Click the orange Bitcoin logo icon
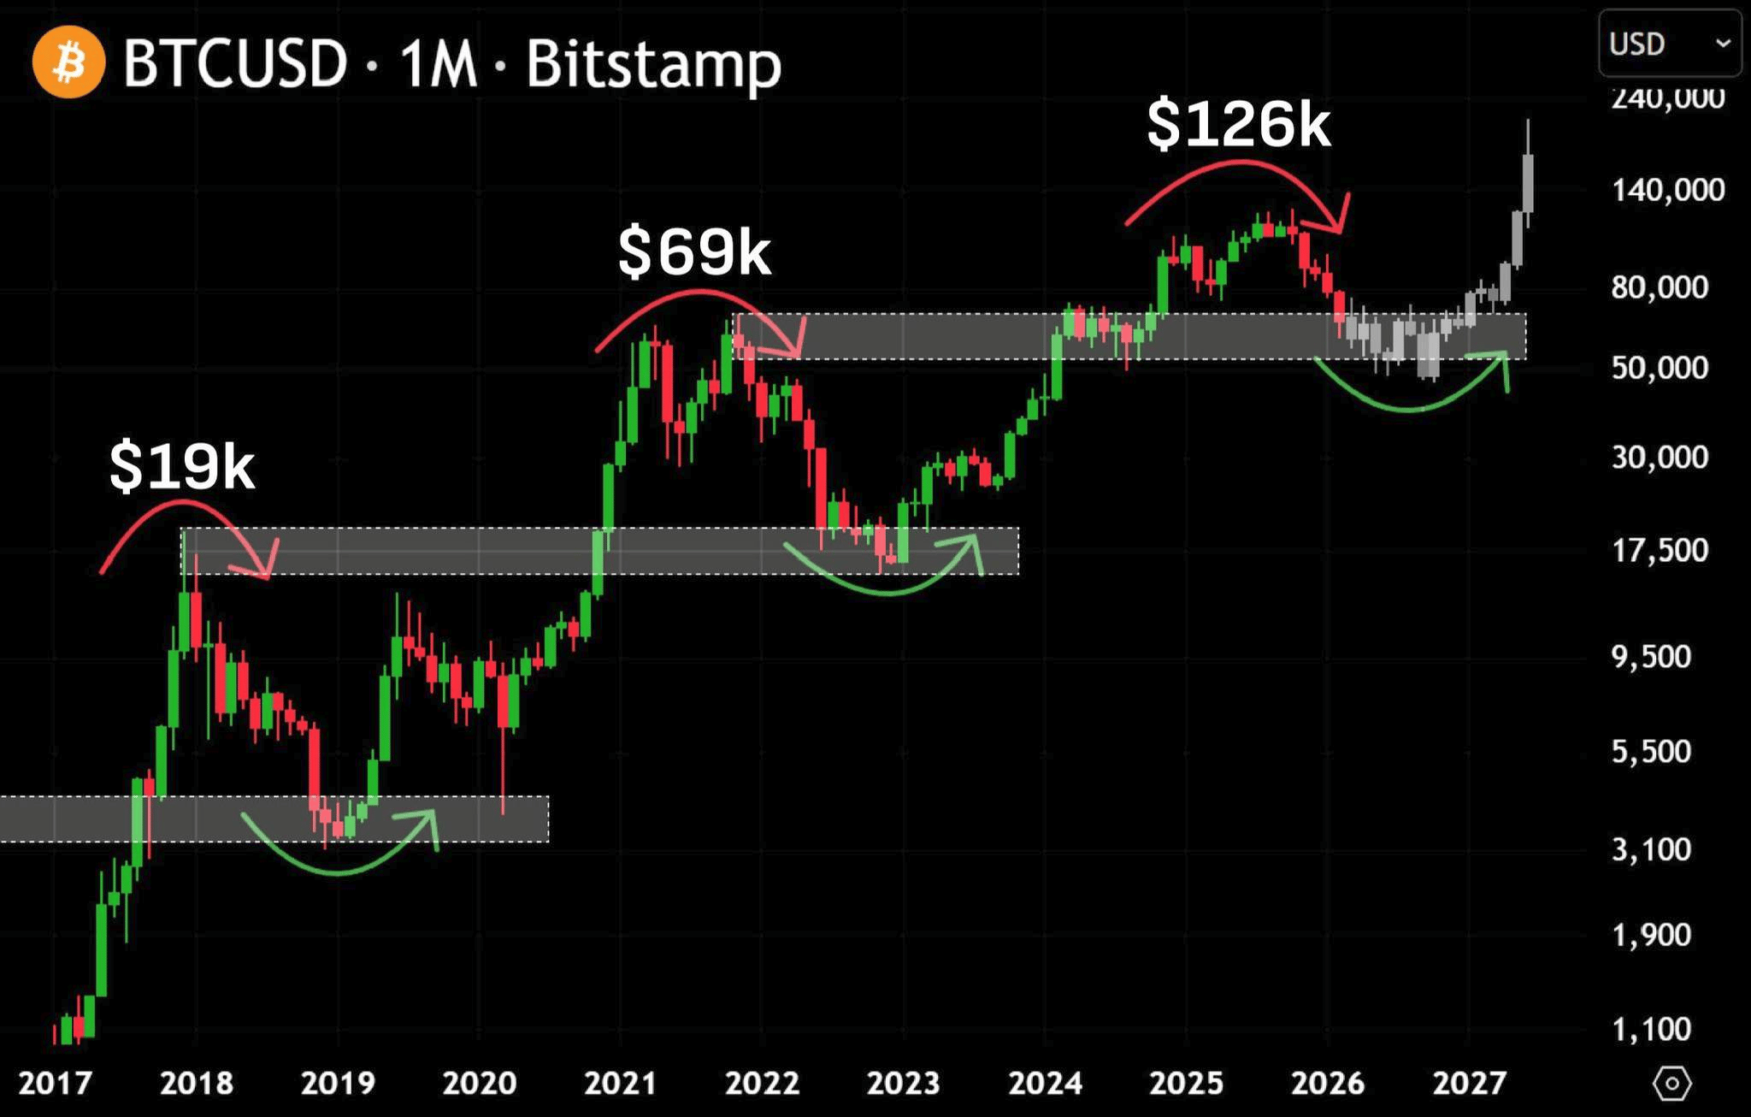point(68,62)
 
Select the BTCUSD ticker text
point(235,63)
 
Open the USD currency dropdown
point(1669,44)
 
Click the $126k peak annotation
point(1239,125)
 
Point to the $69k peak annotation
point(694,251)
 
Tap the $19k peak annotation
point(181,467)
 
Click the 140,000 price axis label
point(1668,190)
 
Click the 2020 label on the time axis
point(480,1084)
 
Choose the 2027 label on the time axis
point(1469,1084)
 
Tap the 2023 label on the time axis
point(904,1084)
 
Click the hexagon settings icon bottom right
point(1671,1084)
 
